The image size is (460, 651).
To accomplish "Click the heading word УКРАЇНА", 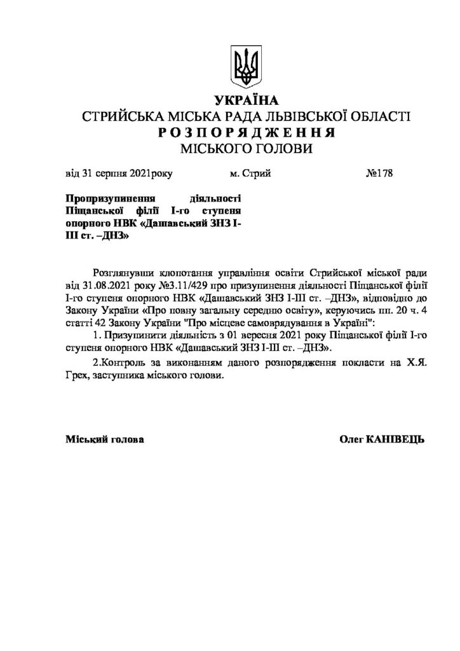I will (x=247, y=101).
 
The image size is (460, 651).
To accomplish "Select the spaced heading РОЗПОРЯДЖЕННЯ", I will (x=247, y=133).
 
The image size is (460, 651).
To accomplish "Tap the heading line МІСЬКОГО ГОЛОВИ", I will (x=247, y=149).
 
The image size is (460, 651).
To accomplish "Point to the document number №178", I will (x=380, y=173).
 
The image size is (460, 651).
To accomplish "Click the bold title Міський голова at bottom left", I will (x=104, y=440).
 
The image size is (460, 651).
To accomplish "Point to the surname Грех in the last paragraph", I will (x=78, y=376).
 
